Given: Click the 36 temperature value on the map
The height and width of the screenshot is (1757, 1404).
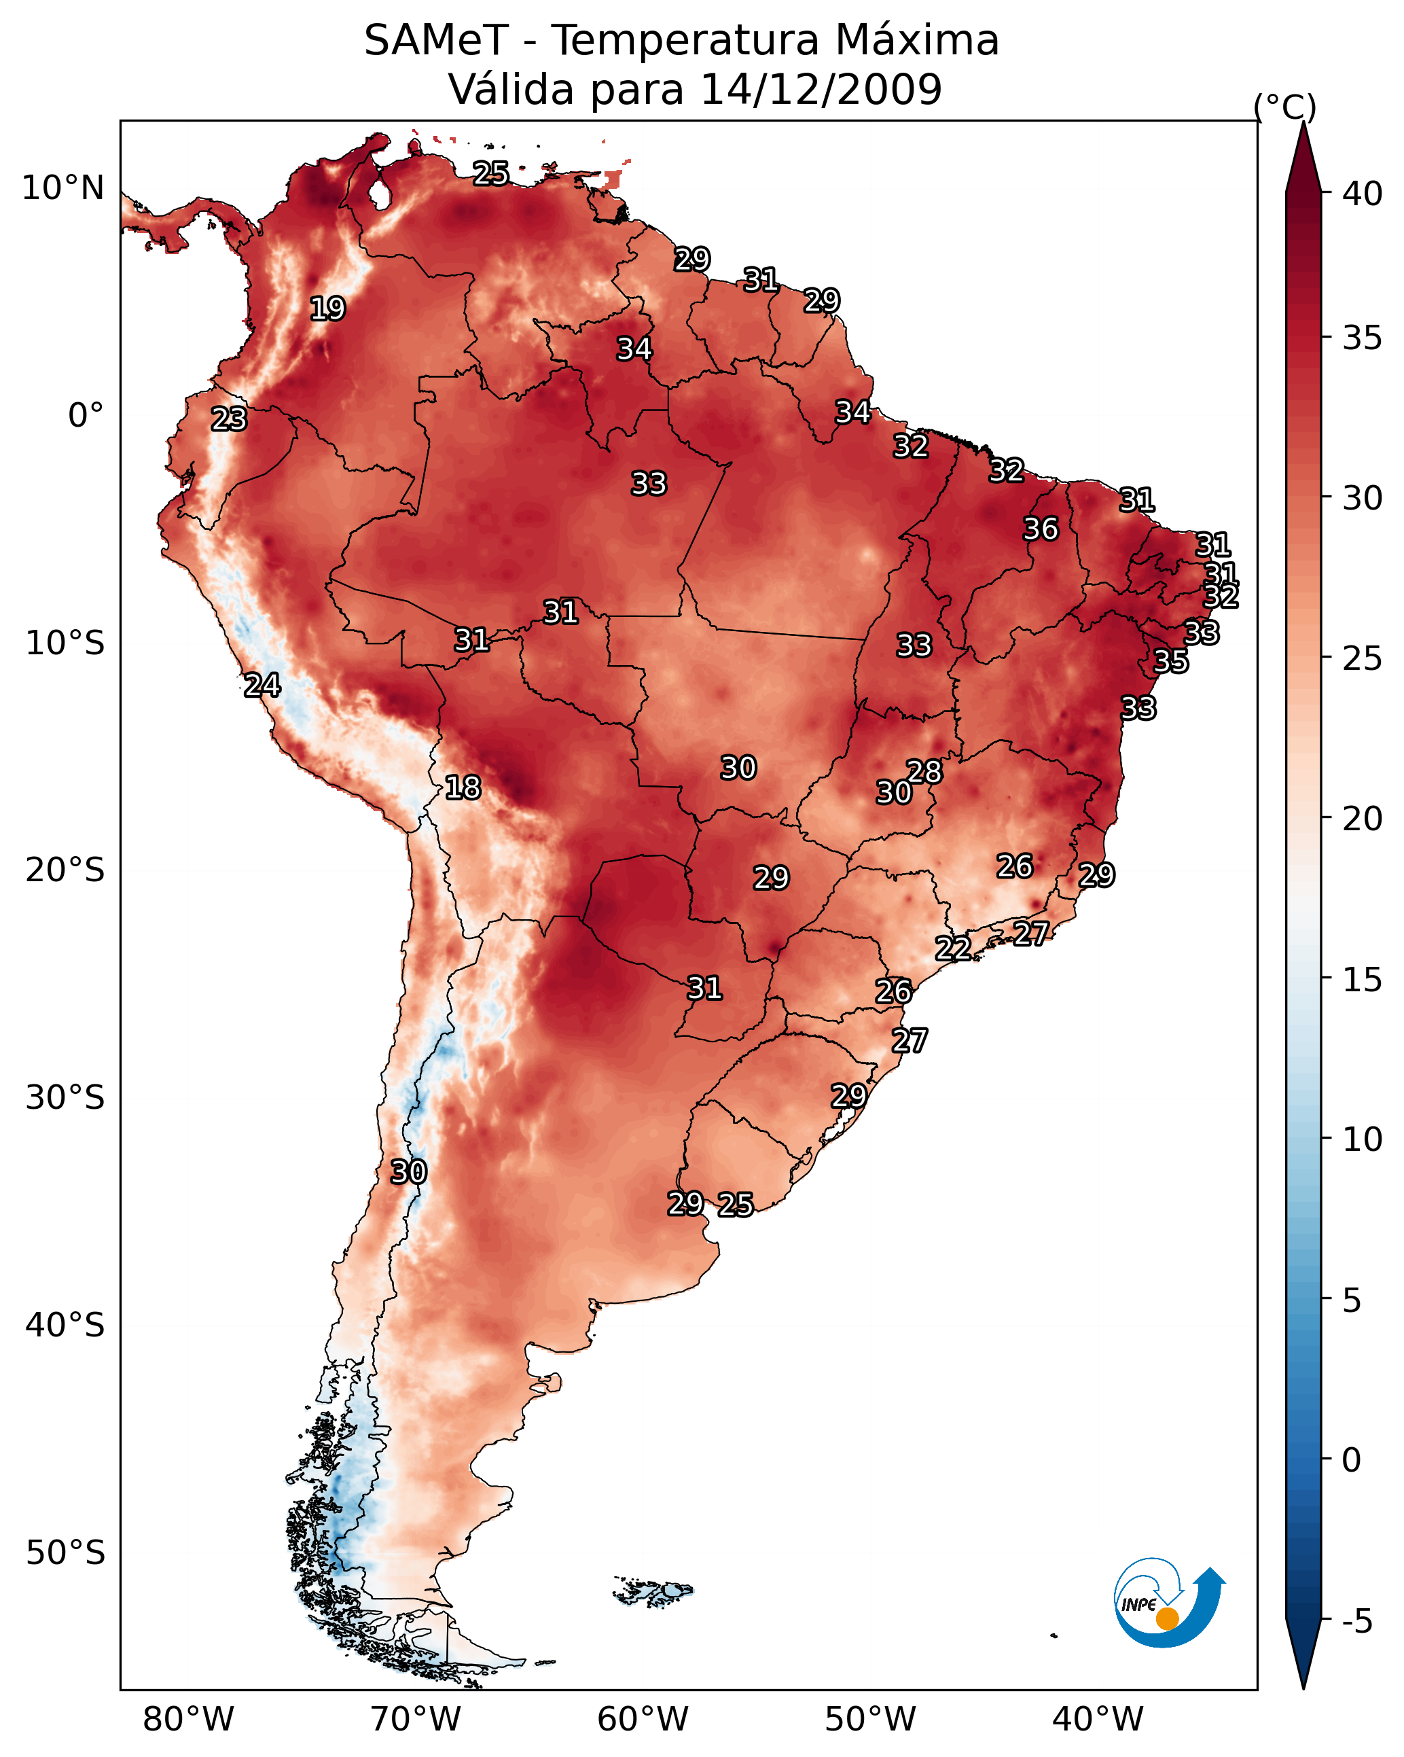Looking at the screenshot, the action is (x=1041, y=529).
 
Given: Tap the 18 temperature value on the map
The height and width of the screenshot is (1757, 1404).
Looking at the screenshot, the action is (x=463, y=787).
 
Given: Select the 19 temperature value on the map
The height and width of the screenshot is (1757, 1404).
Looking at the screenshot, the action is (x=327, y=309).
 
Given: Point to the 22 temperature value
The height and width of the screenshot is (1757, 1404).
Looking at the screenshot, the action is (x=952, y=948).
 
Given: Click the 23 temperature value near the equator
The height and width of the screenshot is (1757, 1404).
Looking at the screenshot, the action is (x=229, y=419).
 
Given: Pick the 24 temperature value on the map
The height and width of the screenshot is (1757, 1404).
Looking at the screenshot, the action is (x=262, y=686).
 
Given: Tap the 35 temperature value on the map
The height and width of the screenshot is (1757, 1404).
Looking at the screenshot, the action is (x=1171, y=661).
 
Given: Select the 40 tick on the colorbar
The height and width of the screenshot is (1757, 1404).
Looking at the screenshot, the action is (x=1362, y=194).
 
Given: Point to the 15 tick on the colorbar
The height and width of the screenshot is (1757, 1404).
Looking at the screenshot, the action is (x=1362, y=980).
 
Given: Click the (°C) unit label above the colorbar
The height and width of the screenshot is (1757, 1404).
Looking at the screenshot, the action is (x=1285, y=107).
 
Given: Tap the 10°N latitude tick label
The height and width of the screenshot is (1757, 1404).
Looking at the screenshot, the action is (x=62, y=188).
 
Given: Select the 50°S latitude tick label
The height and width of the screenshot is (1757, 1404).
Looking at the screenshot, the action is (x=65, y=1552).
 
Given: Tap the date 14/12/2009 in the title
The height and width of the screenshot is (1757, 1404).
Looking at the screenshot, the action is (x=821, y=90).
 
